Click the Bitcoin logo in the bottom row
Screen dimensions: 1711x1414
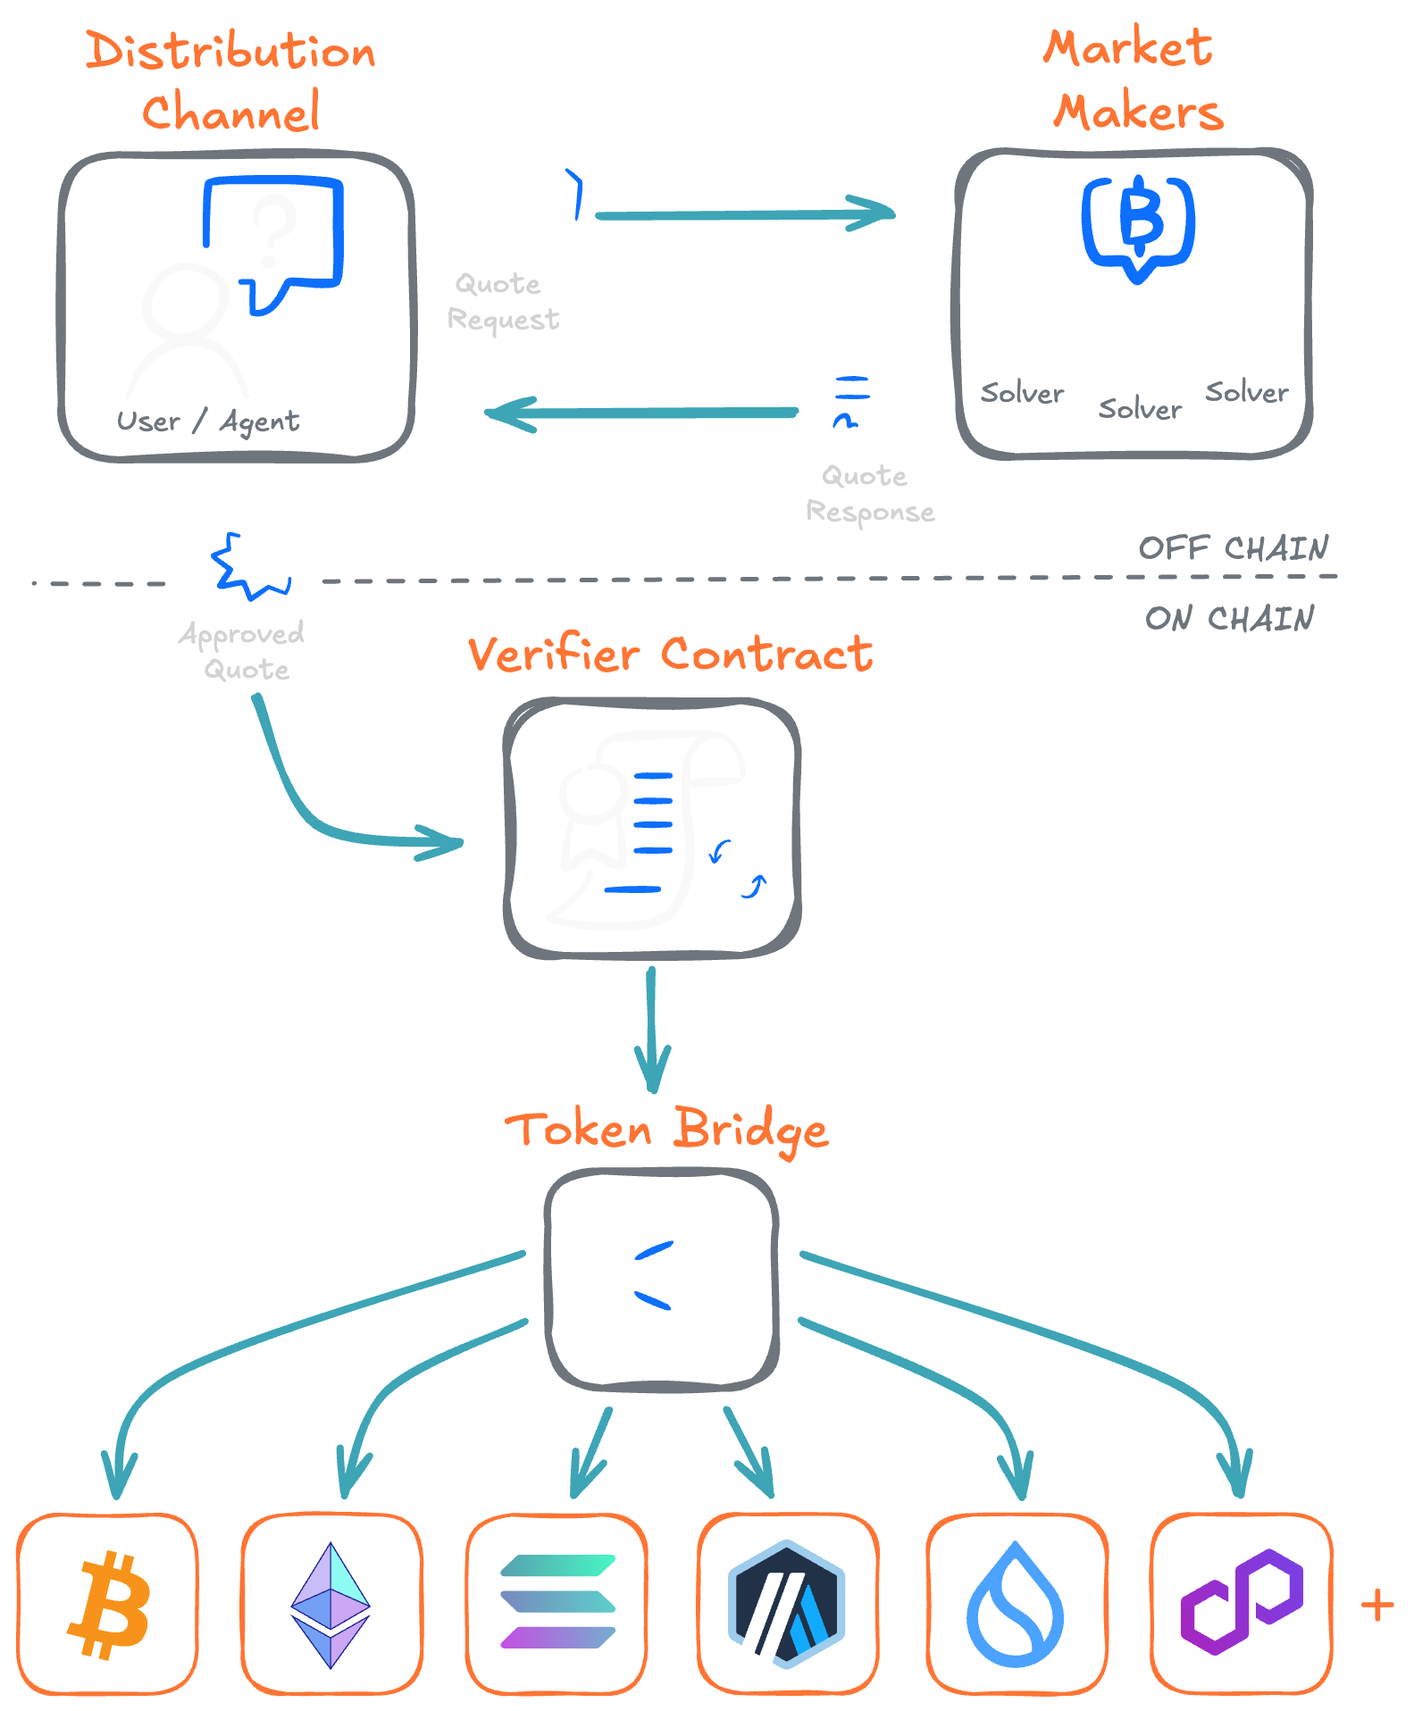[109, 1605]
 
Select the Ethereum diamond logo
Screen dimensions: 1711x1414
[330, 1605]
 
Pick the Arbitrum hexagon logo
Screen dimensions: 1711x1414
[787, 1604]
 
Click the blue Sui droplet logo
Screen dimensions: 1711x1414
[1016, 1606]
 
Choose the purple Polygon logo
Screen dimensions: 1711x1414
[1242, 1602]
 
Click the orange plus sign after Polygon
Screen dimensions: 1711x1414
[1376, 1606]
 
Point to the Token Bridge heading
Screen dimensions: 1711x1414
[666, 1131]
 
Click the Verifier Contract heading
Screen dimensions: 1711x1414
[670, 655]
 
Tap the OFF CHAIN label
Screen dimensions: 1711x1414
[1233, 547]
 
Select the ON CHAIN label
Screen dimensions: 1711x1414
[1229, 618]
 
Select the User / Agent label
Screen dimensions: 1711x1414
[207, 421]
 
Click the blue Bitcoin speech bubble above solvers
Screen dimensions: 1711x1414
[1139, 223]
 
